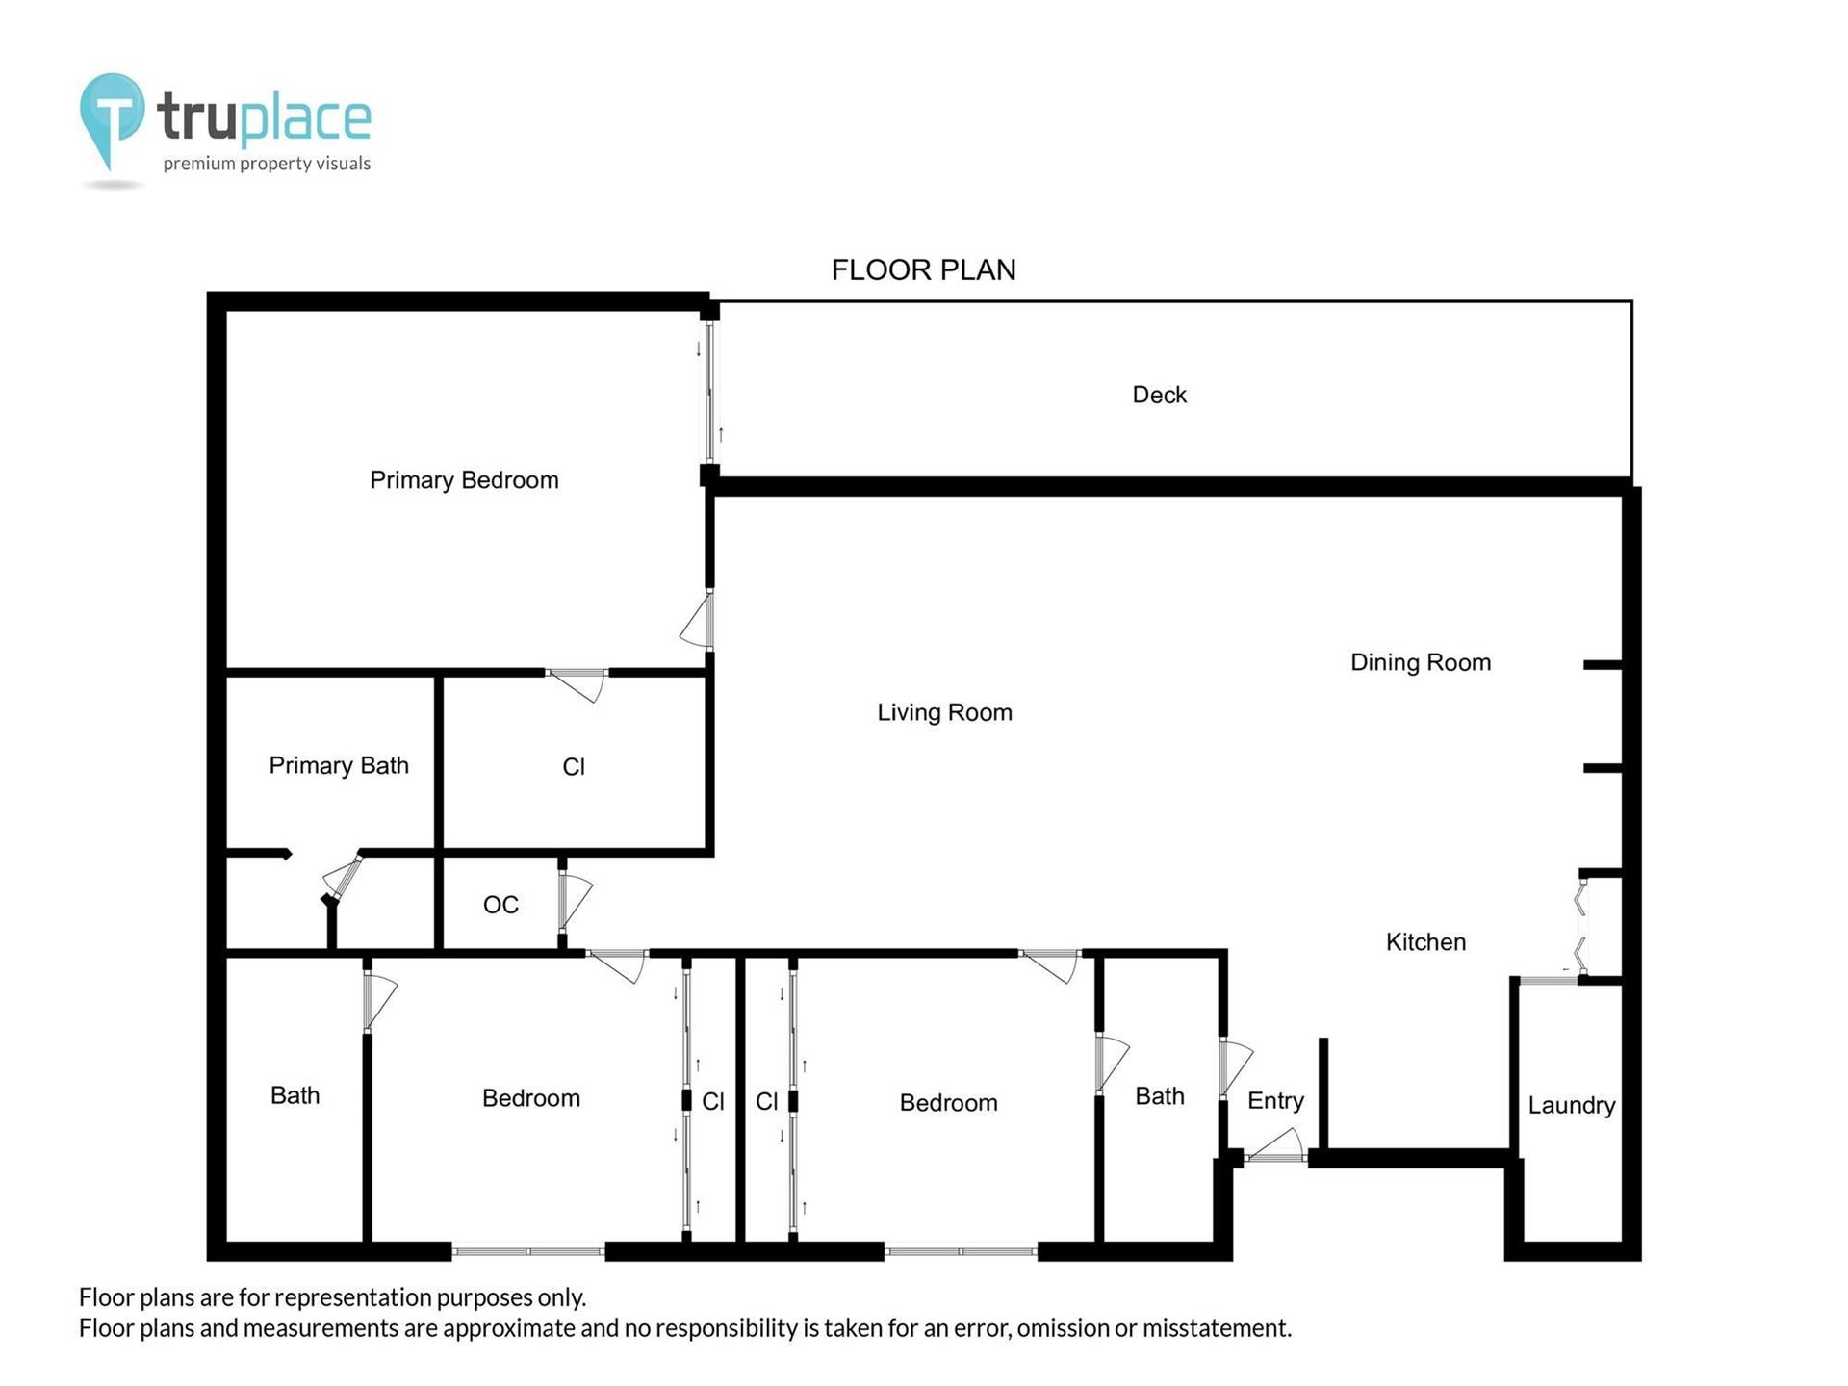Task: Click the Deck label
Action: click(1159, 395)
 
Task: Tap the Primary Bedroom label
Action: click(464, 480)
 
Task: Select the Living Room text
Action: click(944, 712)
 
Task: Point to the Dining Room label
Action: click(1421, 662)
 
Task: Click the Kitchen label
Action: click(1425, 942)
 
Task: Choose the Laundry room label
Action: click(1571, 1105)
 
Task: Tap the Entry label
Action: click(1275, 1101)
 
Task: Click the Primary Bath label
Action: click(339, 765)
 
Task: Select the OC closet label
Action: click(500, 905)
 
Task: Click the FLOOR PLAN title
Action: click(924, 269)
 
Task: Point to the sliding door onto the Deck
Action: click(710, 392)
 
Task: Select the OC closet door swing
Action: click(575, 901)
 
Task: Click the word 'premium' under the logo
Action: click(199, 165)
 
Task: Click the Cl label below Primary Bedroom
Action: click(574, 767)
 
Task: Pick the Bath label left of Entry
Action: click(1160, 1096)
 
